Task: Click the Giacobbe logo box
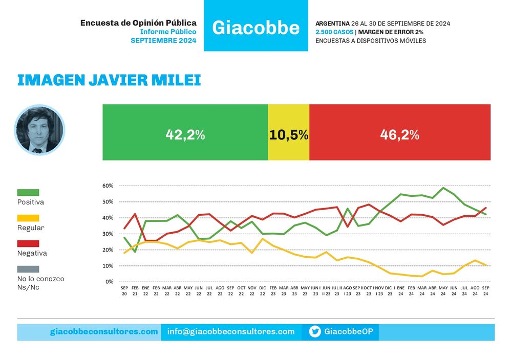(255, 26)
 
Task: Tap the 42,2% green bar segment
(185, 132)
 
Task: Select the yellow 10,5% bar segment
(289, 132)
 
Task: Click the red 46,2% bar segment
(400, 132)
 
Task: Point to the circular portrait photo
(39, 129)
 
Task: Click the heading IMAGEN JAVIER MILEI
(109, 80)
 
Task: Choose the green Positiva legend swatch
(28, 192)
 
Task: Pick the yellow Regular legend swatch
(28, 218)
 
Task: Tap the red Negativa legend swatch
(28, 243)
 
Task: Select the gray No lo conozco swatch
(28, 269)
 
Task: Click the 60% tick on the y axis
(108, 186)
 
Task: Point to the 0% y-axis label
(110, 281)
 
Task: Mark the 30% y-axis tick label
(108, 234)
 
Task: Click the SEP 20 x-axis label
(124, 291)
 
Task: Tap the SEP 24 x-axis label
(486, 291)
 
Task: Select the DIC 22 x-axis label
(263, 291)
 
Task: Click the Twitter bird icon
(315, 332)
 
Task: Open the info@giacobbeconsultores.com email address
(231, 332)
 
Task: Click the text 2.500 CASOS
(334, 32)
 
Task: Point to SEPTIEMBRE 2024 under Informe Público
(164, 40)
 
